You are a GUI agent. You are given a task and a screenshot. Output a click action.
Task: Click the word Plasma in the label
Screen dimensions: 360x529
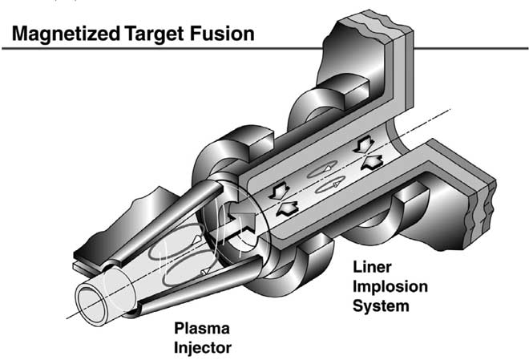(x=203, y=326)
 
